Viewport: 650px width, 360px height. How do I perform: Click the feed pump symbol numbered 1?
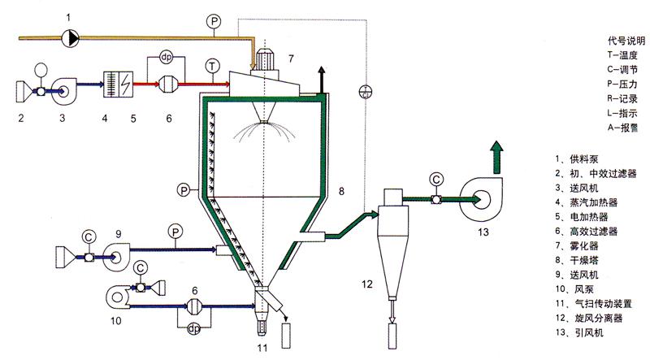click(x=71, y=38)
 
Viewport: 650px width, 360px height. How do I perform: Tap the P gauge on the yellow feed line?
click(x=214, y=21)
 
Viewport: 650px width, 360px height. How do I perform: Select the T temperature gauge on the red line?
click(x=212, y=66)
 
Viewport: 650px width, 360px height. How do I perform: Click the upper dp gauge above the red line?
click(x=167, y=57)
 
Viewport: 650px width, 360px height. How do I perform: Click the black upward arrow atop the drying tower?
click(x=322, y=80)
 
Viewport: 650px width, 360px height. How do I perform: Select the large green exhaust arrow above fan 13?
click(x=496, y=157)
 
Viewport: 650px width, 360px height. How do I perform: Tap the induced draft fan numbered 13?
click(x=481, y=200)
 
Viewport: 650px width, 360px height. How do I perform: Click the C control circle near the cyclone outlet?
click(x=436, y=180)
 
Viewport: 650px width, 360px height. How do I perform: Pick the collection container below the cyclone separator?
click(x=392, y=336)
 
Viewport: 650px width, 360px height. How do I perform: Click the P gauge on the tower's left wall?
click(x=184, y=190)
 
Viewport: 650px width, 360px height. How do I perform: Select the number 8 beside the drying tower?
click(x=341, y=191)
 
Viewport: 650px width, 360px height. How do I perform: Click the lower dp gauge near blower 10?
click(x=194, y=328)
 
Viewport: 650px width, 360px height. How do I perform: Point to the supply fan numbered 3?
click(x=63, y=90)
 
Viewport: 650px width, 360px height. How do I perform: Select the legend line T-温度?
click(x=622, y=54)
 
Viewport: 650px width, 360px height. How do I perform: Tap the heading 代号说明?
click(x=626, y=41)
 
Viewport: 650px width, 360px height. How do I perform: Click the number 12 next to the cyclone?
click(x=367, y=284)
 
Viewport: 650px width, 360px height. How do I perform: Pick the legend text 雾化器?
click(x=584, y=245)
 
